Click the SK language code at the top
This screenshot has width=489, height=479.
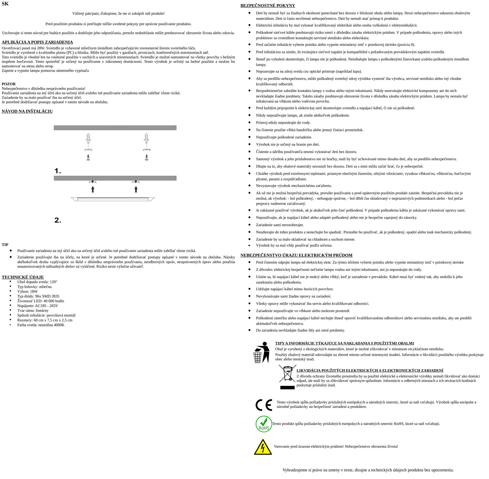point(5,4)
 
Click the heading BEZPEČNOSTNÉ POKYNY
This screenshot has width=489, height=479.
point(268,6)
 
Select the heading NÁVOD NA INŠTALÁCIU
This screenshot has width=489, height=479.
point(27,111)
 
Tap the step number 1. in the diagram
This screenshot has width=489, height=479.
point(58,171)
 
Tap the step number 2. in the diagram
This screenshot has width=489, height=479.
point(58,220)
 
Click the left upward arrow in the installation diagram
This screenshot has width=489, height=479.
point(93,189)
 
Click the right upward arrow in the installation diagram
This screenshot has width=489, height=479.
point(136,189)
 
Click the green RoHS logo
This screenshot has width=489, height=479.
point(264,424)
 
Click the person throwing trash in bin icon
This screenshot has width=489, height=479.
point(262,352)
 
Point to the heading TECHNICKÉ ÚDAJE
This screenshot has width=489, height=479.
point(23,277)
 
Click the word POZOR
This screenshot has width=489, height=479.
point(9,84)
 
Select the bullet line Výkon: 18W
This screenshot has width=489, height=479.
point(27,291)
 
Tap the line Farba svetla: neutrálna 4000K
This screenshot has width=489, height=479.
point(41,325)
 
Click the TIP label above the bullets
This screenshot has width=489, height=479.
point(5,245)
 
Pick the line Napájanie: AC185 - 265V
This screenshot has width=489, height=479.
point(38,306)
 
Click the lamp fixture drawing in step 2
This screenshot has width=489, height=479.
point(113,199)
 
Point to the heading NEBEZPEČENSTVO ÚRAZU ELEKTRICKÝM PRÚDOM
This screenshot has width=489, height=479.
point(296,255)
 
